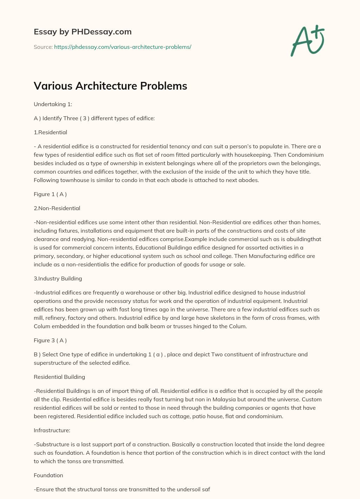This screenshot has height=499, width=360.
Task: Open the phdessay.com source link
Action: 123,47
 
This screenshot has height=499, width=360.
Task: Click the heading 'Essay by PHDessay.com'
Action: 83,32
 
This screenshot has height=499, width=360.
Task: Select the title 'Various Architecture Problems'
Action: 110,86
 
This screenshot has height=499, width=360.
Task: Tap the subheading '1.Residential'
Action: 50,132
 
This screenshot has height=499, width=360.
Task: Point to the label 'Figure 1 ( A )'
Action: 50,194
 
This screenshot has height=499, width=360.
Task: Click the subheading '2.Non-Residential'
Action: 57,208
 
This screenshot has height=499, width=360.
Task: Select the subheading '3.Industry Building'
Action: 58,279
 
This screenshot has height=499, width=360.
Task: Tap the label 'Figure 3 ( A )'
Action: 50,341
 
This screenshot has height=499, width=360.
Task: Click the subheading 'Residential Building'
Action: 59,377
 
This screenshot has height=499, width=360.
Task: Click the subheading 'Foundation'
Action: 49,475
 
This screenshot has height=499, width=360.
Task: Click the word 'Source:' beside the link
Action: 43,47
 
